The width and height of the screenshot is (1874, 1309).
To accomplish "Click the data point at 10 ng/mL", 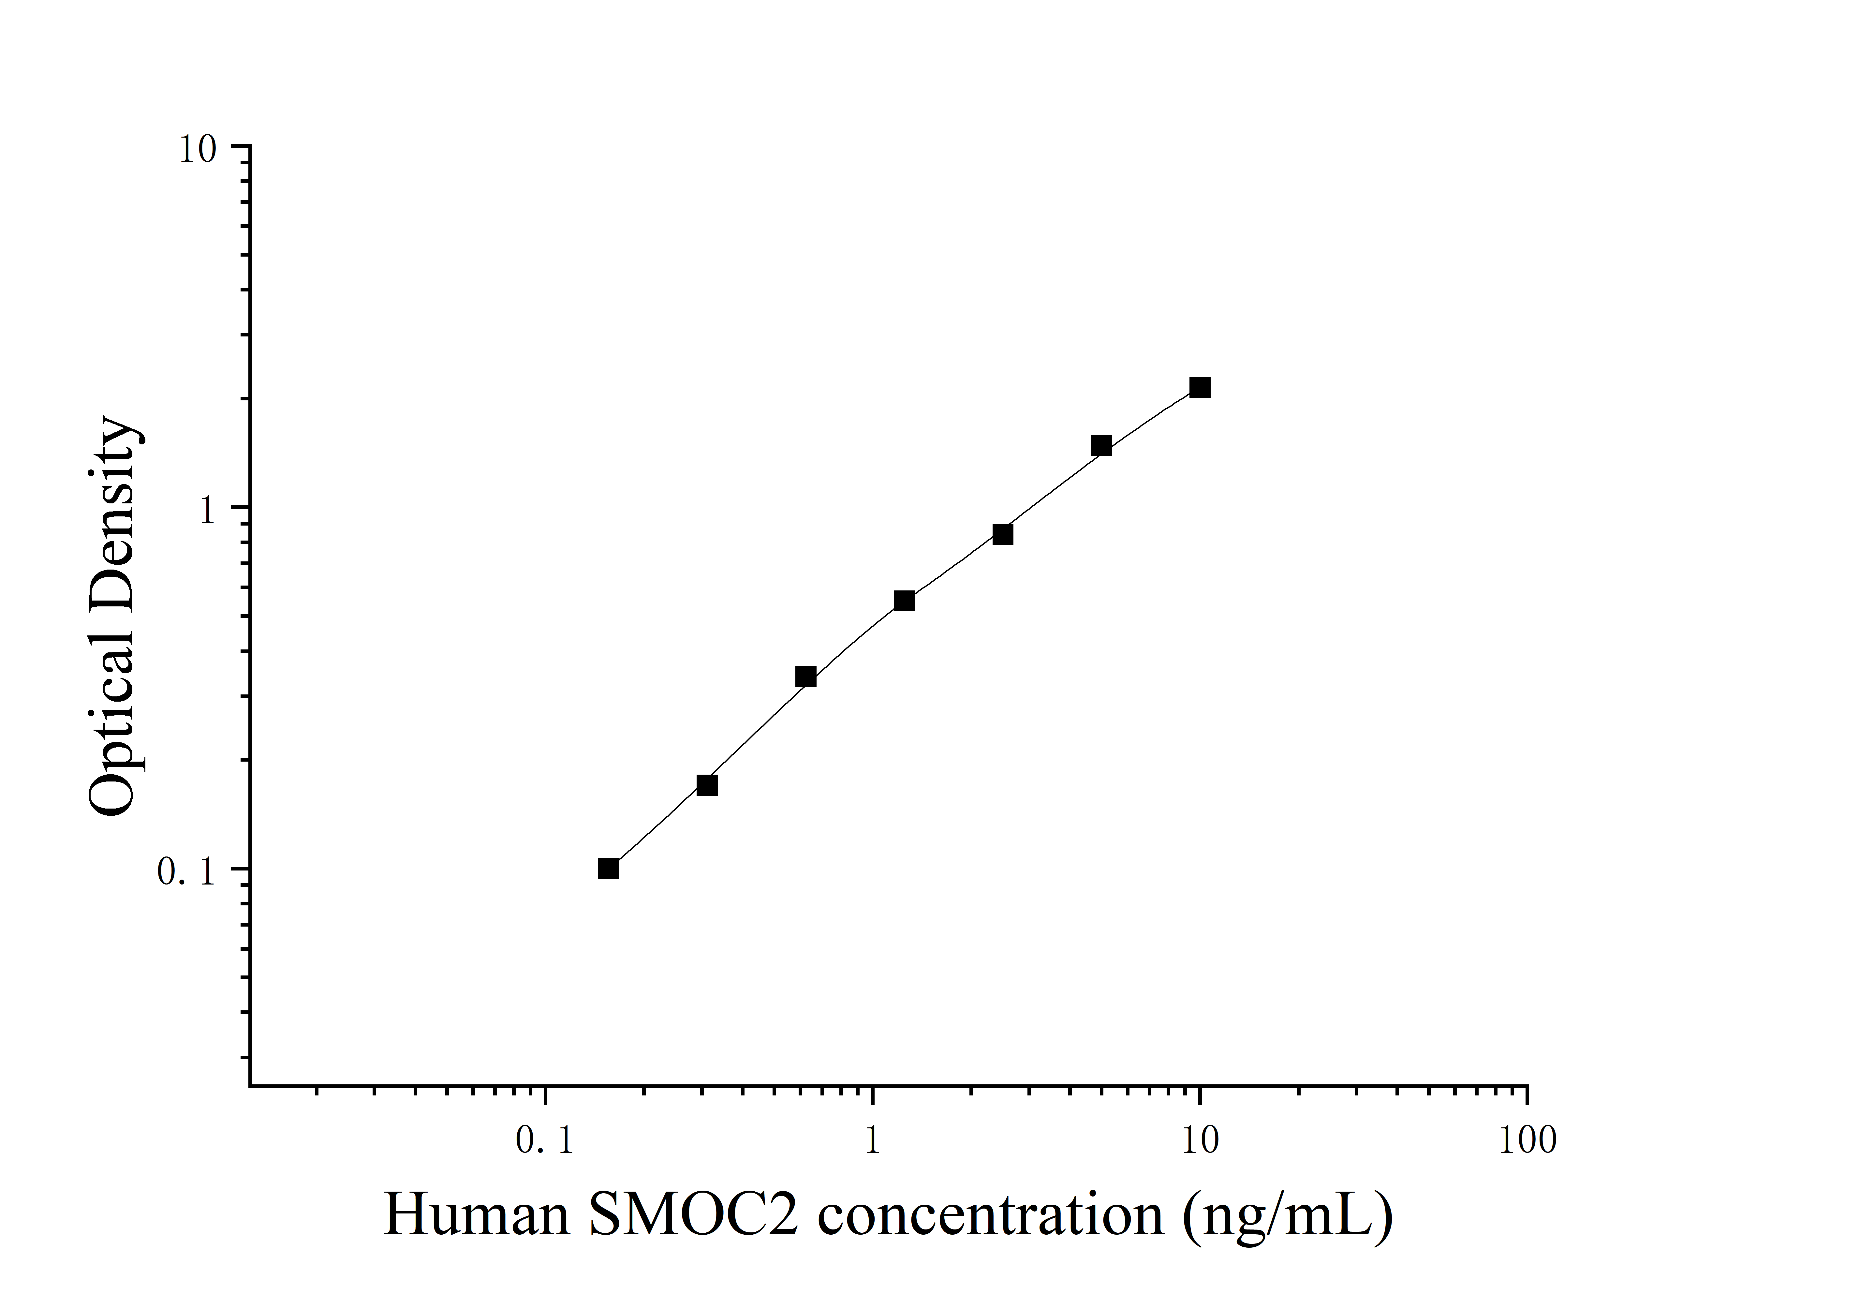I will click(x=1199, y=388).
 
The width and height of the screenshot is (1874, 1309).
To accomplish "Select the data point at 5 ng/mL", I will click(x=1101, y=446).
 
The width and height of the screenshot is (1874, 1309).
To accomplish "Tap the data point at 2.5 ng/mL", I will click(x=1003, y=534).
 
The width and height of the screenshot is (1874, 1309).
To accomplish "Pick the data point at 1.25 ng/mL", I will click(x=904, y=601).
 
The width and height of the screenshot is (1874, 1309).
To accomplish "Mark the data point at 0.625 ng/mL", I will click(x=805, y=676).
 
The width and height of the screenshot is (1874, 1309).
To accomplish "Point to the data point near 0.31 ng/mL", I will click(x=707, y=785).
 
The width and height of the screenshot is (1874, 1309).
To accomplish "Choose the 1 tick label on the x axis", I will click(x=873, y=1140).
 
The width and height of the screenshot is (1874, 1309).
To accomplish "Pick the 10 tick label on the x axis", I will click(x=1200, y=1140).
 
